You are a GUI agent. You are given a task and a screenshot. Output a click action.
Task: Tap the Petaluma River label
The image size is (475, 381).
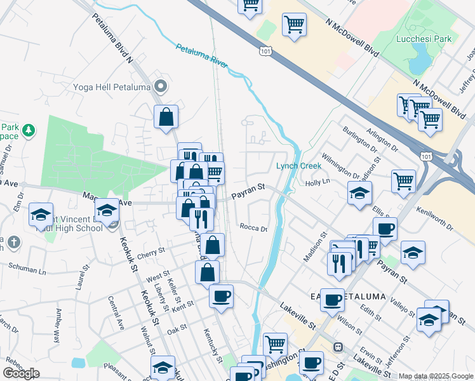point(201,57)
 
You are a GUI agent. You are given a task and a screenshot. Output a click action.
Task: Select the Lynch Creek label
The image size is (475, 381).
point(300,166)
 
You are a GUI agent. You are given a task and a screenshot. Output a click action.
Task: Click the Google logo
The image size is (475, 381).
point(21,373)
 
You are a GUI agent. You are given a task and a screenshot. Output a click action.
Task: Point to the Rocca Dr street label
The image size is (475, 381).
point(254,228)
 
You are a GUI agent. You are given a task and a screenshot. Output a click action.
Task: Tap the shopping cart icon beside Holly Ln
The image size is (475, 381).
point(404,182)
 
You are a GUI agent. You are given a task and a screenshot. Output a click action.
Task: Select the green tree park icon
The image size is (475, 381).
point(29,130)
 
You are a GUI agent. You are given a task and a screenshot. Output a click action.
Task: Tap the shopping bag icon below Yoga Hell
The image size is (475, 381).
point(166,116)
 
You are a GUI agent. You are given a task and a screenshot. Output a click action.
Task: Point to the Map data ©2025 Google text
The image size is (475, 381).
point(436,376)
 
